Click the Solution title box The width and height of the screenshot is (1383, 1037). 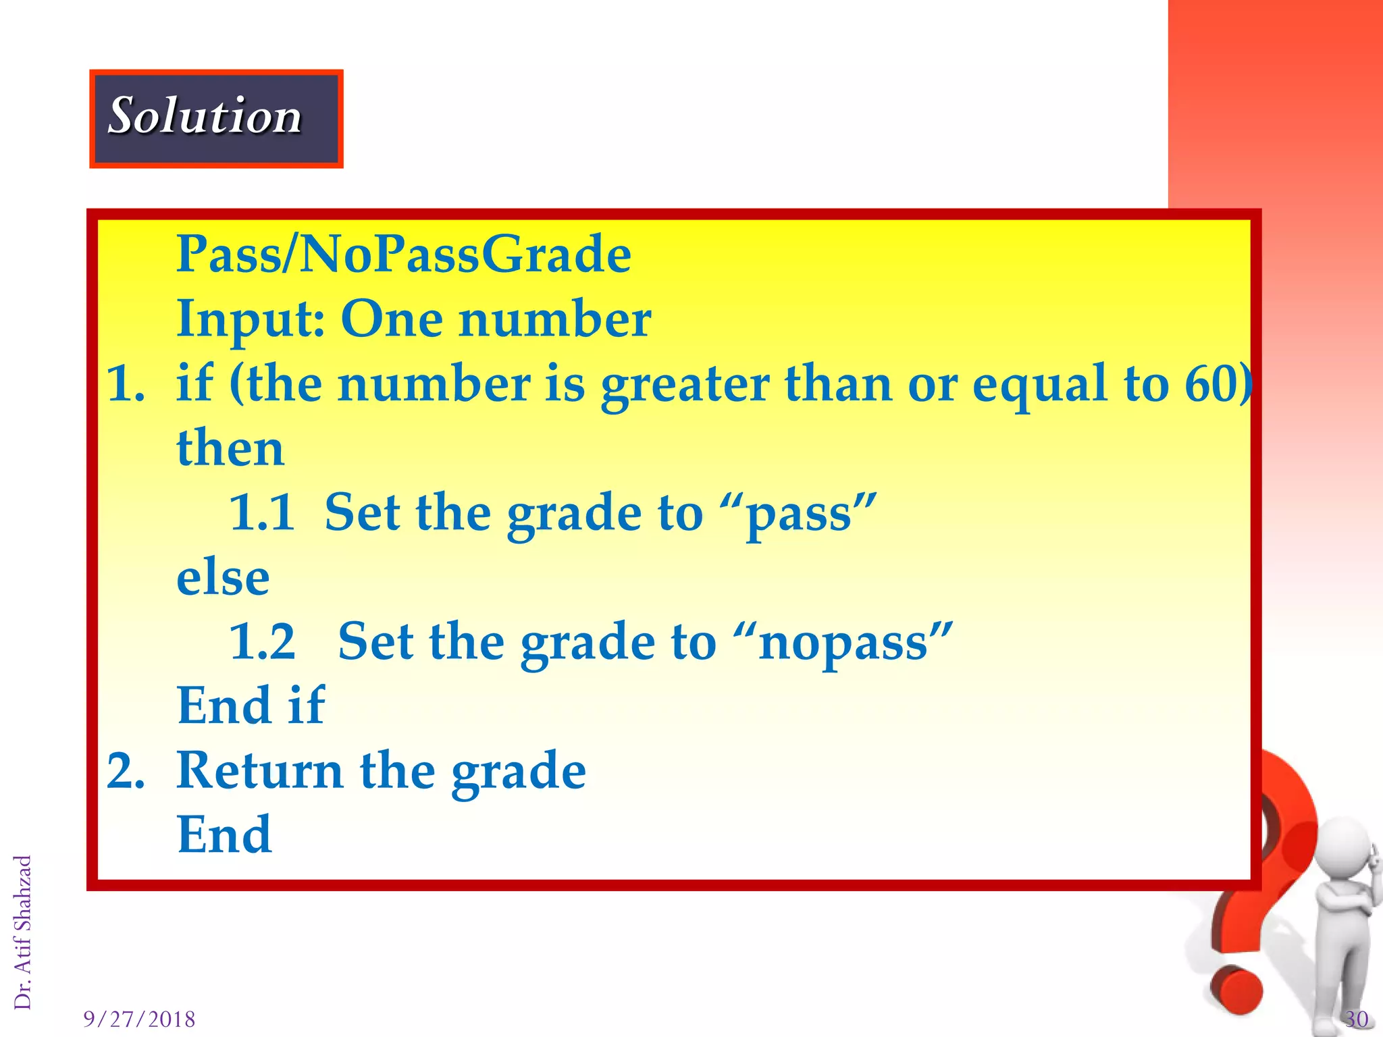(x=216, y=118)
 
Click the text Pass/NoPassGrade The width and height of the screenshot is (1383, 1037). (x=403, y=255)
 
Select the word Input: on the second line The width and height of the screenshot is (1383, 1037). (x=251, y=319)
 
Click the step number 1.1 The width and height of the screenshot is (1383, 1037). (x=262, y=512)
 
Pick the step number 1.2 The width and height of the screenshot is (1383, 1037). (x=262, y=641)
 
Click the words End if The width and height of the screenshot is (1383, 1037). (x=251, y=706)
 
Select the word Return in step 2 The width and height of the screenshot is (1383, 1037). (x=260, y=770)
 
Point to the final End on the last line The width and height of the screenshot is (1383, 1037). (x=224, y=834)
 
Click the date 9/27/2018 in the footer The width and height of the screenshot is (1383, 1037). (x=139, y=1019)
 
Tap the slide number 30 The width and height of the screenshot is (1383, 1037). (x=1356, y=1019)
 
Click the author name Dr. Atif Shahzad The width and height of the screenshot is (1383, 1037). (x=23, y=932)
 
